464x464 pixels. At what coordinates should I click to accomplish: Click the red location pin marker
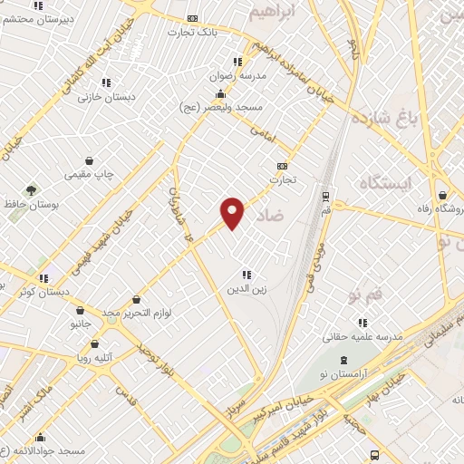pyautogui.click(x=233, y=212)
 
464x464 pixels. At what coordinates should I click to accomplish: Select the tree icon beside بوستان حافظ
pyautogui.click(x=32, y=191)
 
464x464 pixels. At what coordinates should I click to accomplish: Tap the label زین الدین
pyautogui.click(x=246, y=289)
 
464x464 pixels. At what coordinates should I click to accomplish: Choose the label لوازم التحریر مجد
pyautogui.click(x=136, y=313)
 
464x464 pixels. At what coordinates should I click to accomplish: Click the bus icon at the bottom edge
pyautogui.click(x=374, y=455)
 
